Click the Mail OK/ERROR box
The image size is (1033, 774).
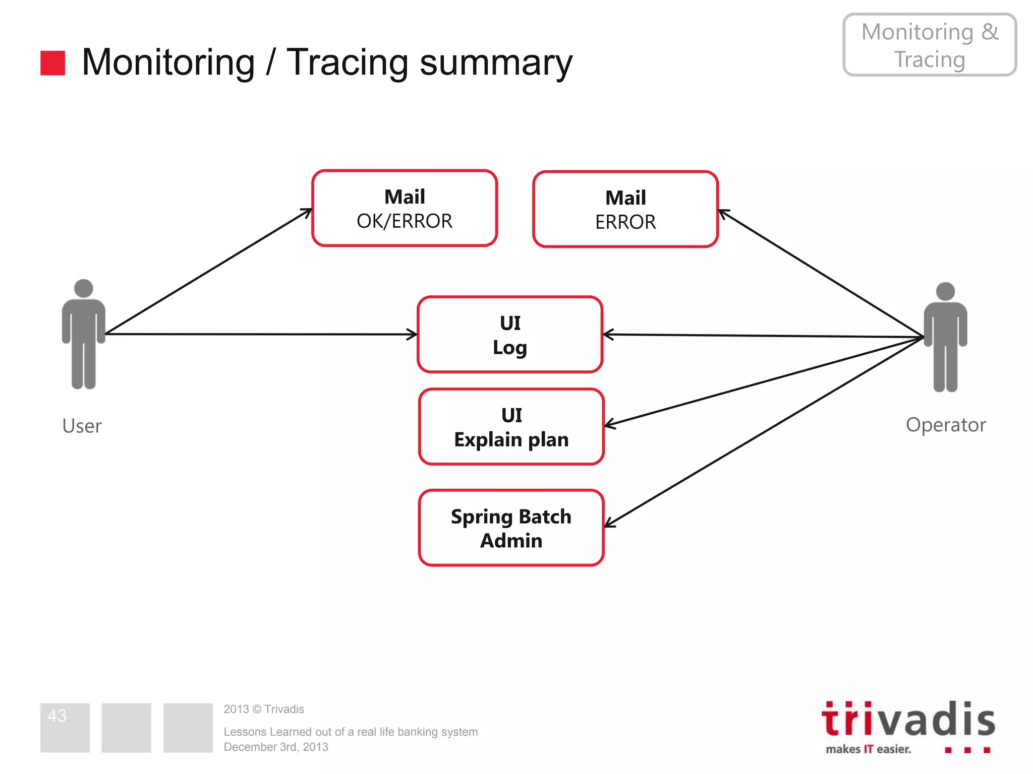tap(405, 208)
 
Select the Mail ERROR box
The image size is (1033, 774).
tap(625, 209)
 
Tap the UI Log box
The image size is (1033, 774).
tap(510, 335)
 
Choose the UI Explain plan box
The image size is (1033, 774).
tap(511, 427)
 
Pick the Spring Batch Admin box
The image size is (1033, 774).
tap(511, 528)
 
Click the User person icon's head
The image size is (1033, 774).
tap(83, 288)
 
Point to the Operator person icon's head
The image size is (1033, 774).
tap(945, 291)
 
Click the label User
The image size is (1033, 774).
tap(82, 426)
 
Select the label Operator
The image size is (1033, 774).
tap(946, 425)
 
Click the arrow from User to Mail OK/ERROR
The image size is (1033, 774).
tap(209, 271)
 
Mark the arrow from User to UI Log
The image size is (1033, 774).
tap(261, 334)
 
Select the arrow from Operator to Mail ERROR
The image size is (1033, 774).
tap(821, 274)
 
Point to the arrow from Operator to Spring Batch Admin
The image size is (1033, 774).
tap(764, 432)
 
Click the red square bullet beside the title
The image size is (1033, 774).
tap(52, 63)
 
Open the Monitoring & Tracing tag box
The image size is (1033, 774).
tap(930, 45)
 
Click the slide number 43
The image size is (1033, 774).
tap(57, 716)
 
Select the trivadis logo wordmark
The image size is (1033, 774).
tap(908, 720)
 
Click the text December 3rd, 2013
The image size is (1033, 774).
tap(276, 747)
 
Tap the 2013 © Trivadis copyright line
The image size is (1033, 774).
tap(264, 709)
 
